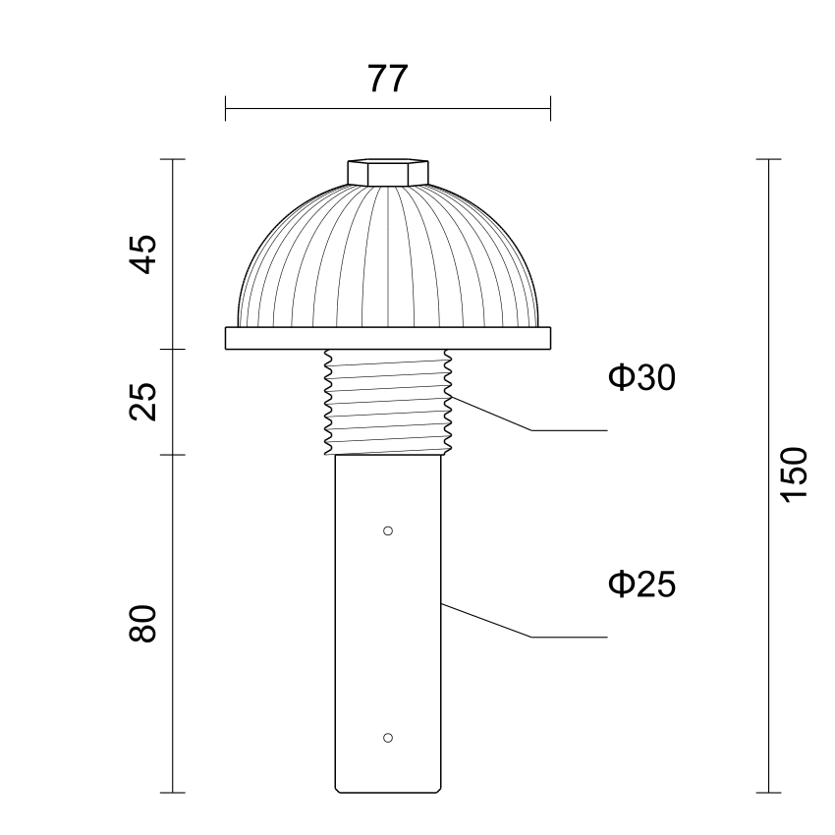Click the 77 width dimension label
tap(388, 79)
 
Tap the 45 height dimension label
tap(143, 254)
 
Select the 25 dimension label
tap(143, 402)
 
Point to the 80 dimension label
tap(143, 623)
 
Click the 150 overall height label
tap(794, 474)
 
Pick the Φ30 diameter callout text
tap(641, 377)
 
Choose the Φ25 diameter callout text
tap(641, 584)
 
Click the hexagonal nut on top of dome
tap(388, 173)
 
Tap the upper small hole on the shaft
tap(388, 530)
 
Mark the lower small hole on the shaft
tap(388, 738)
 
